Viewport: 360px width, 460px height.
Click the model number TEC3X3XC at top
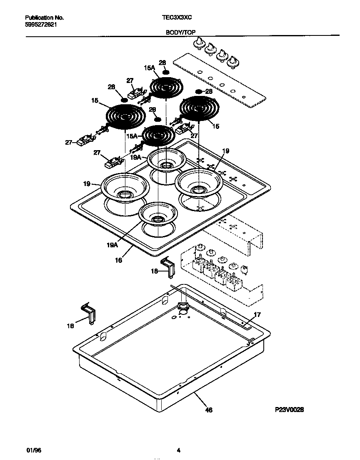tap(177, 18)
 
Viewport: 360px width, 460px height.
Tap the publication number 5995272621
tap(41, 25)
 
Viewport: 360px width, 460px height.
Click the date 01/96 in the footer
tap(32, 450)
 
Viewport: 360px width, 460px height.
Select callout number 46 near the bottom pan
tap(209, 410)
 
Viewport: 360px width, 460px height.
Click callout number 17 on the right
tap(257, 314)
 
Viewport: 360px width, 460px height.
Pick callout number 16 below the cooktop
tap(119, 260)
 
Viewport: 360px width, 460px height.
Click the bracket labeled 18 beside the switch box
tap(168, 266)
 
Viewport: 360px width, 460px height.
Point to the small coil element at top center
tap(165, 89)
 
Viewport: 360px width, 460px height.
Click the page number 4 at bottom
tap(178, 450)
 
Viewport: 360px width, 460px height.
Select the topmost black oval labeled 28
tap(165, 72)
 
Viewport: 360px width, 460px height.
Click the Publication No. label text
tap(44, 18)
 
